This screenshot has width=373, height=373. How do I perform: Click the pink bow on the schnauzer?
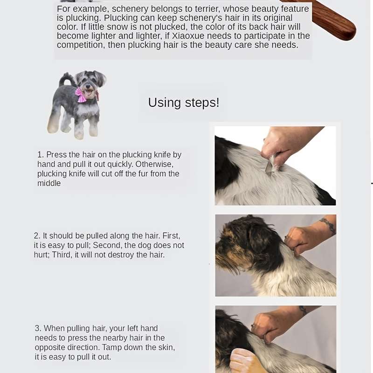pos(81,95)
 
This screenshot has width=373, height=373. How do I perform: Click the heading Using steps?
pos(183,103)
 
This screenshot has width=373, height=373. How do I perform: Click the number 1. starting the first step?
pos(41,155)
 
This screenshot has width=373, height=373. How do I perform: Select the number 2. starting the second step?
pos(37,236)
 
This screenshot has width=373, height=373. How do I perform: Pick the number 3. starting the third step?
pos(38,328)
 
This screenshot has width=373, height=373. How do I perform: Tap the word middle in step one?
pos(49,184)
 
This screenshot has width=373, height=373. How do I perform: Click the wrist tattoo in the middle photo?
pos(328,225)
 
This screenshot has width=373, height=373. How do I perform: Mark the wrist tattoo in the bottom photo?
pos(303,310)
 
